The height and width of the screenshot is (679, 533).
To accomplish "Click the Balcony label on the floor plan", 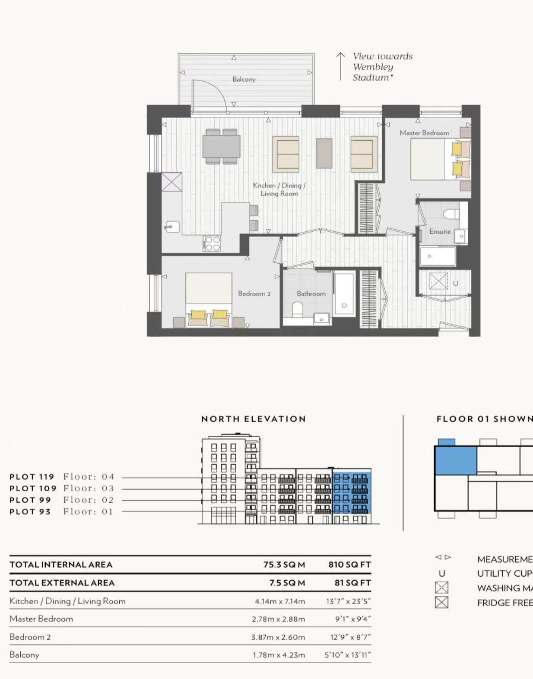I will tap(244, 79).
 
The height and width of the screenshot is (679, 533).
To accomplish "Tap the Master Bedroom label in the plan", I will tap(424, 133).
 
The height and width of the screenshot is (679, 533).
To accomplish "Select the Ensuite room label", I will tap(440, 231).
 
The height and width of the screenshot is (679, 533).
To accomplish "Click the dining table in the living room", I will tap(221, 146).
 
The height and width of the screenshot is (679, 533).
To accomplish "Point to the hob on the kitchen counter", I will tap(212, 243).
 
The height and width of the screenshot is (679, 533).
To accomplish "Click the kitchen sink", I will tap(172, 227).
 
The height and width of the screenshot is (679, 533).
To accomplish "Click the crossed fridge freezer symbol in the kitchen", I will tap(172, 182).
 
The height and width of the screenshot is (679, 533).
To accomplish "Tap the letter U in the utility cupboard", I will tap(455, 283).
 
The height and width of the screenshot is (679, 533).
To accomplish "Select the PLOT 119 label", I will tap(32, 477).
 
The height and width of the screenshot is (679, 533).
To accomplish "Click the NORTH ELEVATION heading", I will tap(254, 419).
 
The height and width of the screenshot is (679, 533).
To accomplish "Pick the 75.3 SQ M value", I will tap(284, 565).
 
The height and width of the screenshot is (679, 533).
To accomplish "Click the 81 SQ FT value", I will tap(353, 583).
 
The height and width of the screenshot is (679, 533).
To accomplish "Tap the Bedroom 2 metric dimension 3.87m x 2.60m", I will tap(278, 637).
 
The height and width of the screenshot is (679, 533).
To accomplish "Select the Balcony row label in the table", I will tap(24, 654).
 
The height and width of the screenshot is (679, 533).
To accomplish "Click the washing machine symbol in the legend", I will tap(442, 588).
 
